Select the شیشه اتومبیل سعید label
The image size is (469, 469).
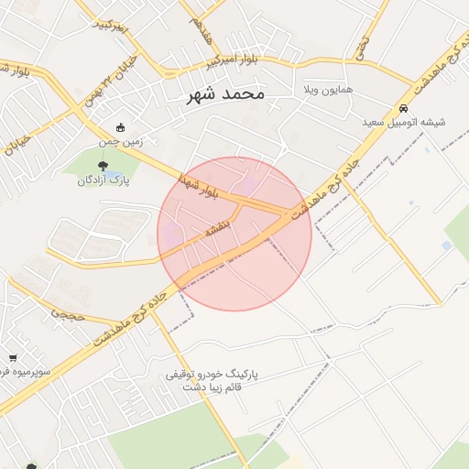pos(402,122)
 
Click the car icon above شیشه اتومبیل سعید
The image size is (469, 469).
pos(403,108)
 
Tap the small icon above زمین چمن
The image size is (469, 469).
pos(121,128)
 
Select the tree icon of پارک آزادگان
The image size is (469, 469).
pos(102,165)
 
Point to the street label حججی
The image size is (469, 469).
pos(68,311)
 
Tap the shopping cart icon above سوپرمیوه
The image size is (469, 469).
pos(13,358)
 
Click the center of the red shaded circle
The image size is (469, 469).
pos(234,234)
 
